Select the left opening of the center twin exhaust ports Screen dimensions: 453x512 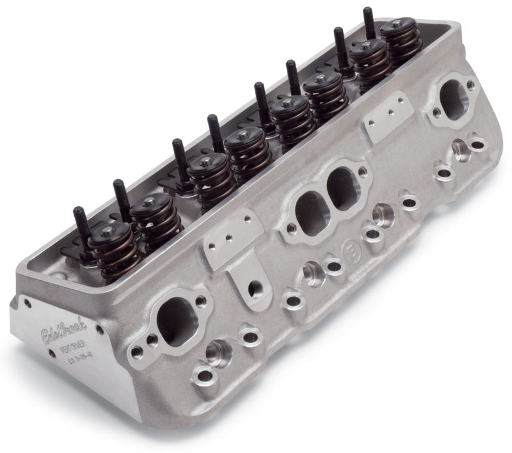pos(308,207)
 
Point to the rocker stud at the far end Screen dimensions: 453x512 pos(368,19)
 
